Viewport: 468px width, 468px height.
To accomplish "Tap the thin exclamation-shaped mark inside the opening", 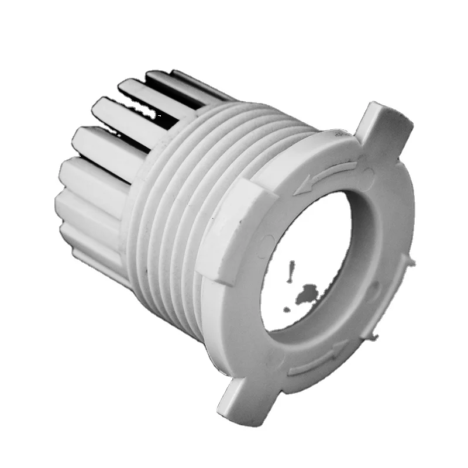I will [290, 270].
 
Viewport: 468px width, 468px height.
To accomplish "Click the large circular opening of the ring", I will [310, 263].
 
